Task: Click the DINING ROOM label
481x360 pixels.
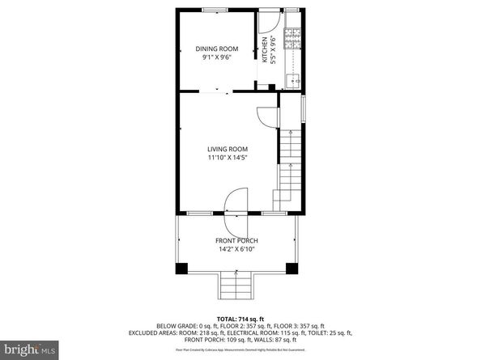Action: (216, 49)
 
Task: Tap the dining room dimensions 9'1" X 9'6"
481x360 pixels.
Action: (216, 58)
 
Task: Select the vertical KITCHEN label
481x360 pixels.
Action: (264, 50)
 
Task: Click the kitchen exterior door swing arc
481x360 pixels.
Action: (272, 23)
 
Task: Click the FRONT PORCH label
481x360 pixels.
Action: (237, 241)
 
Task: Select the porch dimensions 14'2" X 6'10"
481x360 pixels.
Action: (237, 250)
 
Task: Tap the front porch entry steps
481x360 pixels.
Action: (236, 284)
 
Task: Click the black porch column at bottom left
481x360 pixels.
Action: (182, 267)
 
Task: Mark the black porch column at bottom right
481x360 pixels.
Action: (292, 267)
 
